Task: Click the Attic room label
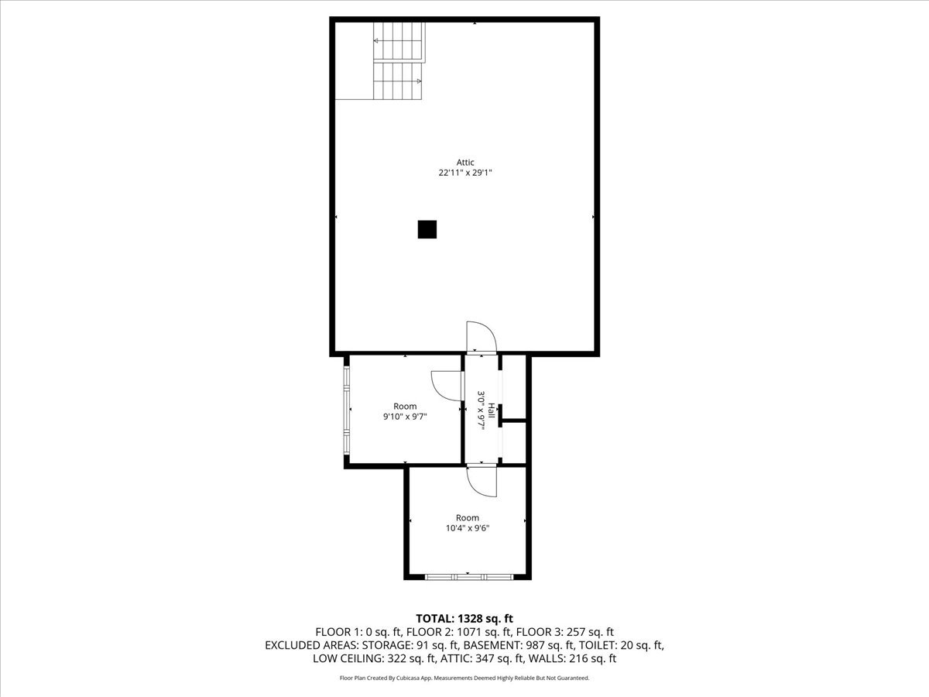point(464,162)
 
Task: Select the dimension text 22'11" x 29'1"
point(464,173)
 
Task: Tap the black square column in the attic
point(427,229)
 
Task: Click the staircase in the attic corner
point(399,61)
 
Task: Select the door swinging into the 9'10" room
point(446,385)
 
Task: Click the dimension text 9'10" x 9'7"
point(405,417)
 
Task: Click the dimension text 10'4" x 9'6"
point(467,528)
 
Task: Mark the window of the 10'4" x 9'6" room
point(468,576)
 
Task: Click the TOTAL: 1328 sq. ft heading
point(464,618)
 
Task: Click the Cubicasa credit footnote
point(464,678)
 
